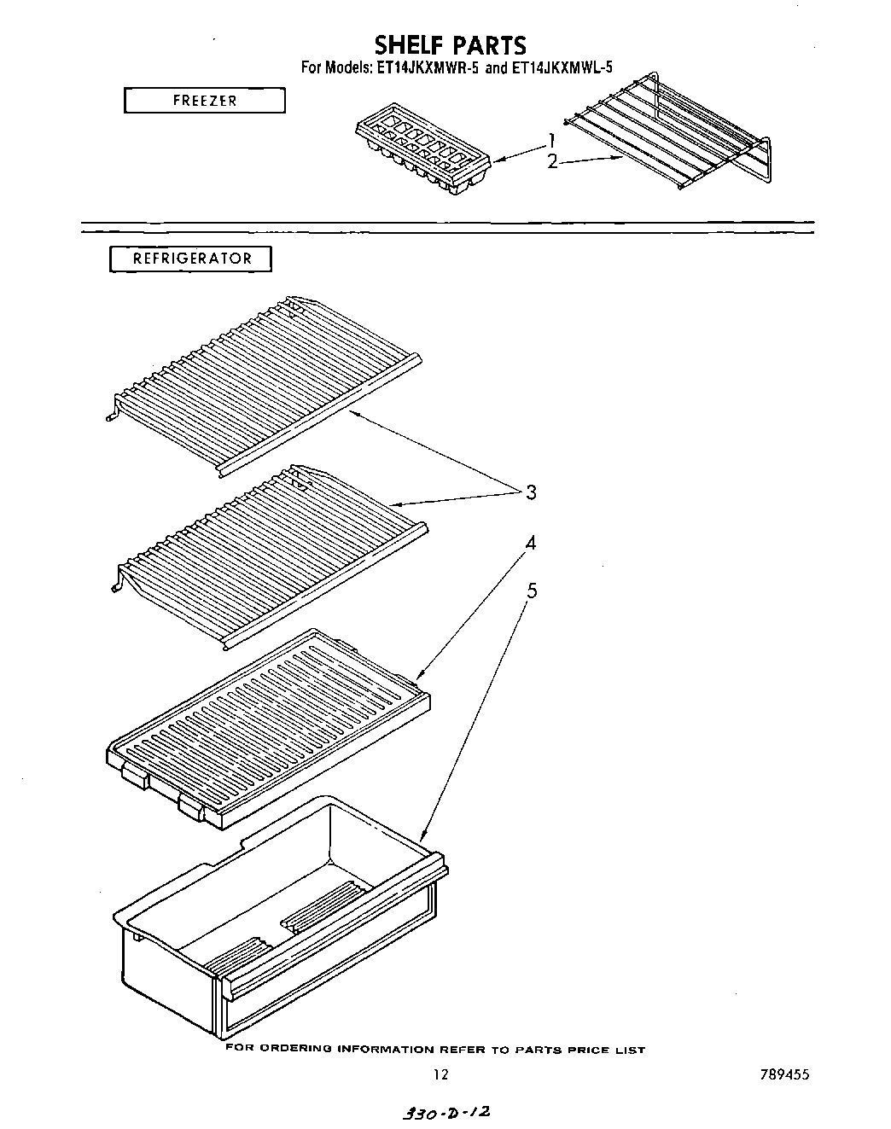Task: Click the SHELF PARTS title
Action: click(451, 44)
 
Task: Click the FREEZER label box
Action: click(205, 101)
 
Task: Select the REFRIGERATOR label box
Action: click(191, 259)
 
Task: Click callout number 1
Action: click(552, 141)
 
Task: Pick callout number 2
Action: click(552, 160)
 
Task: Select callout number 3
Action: click(531, 492)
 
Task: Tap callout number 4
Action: click(531, 543)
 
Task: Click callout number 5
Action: click(531, 591)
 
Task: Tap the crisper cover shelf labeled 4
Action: click(269, 725)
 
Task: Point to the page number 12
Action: click(440, 1075)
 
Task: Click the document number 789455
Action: click(783, 1075)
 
